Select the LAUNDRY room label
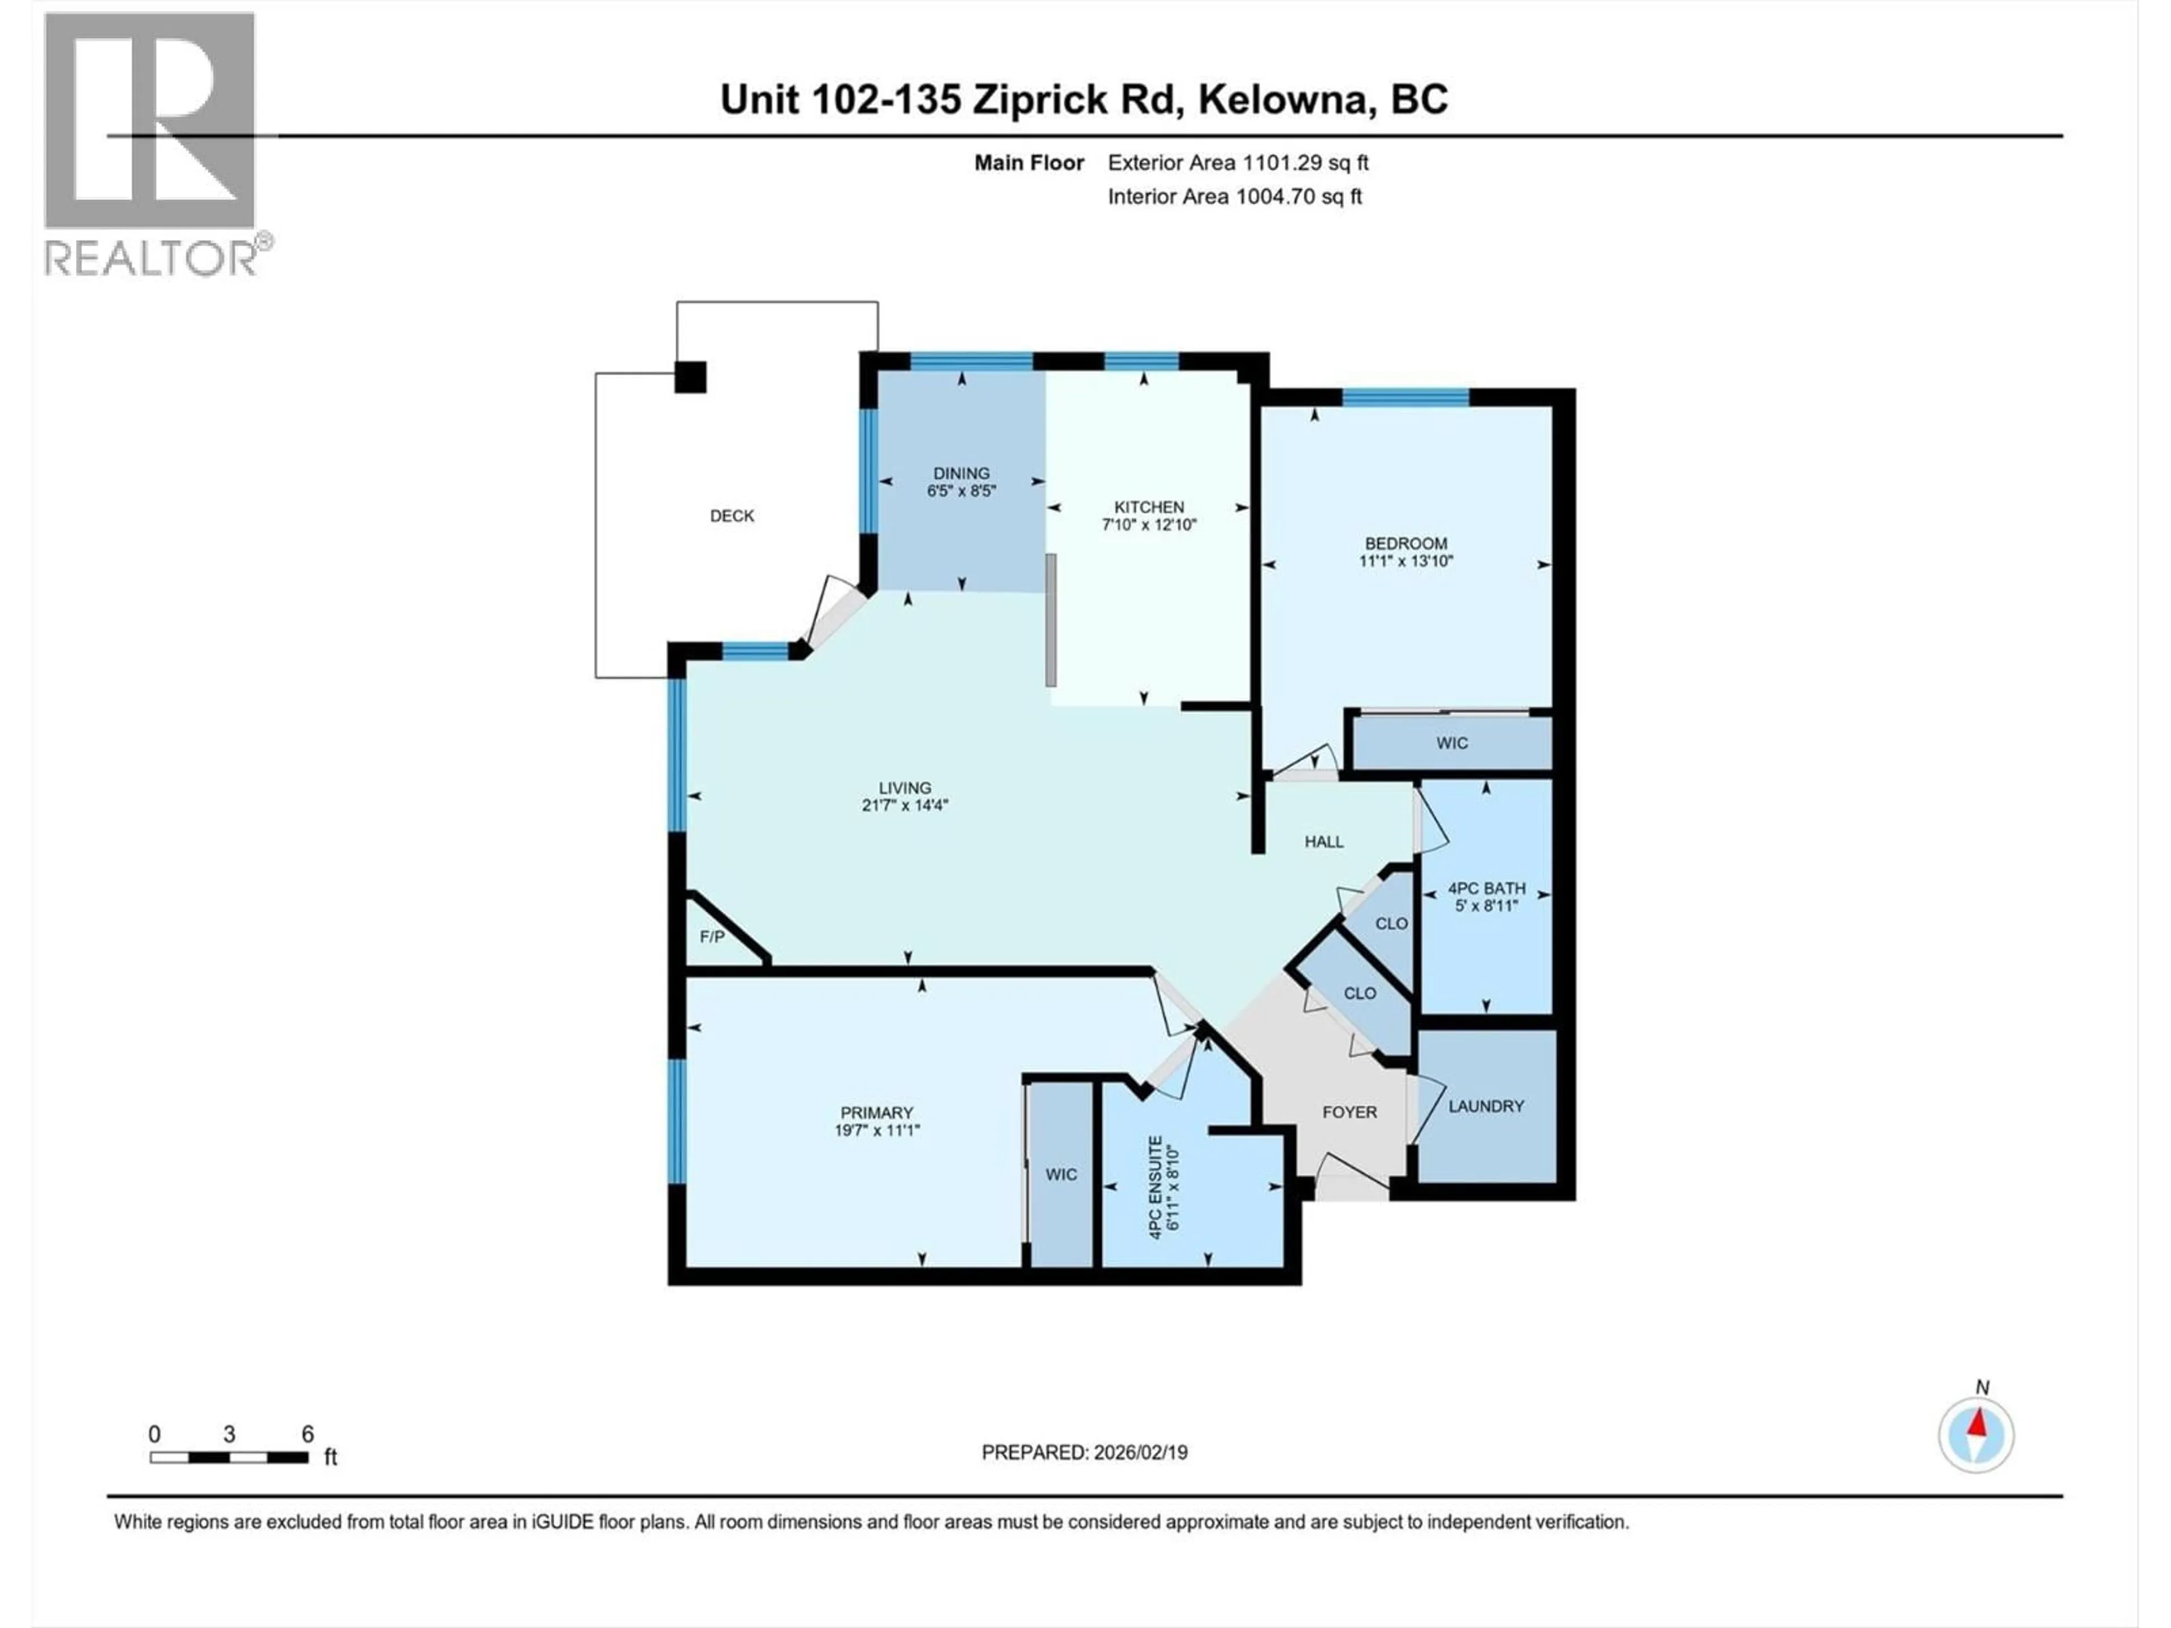tap(1486, 1106)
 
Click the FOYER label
tap(1350, 1112)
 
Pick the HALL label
tap(1324, 842)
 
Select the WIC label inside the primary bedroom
tap(1061, 1175)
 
